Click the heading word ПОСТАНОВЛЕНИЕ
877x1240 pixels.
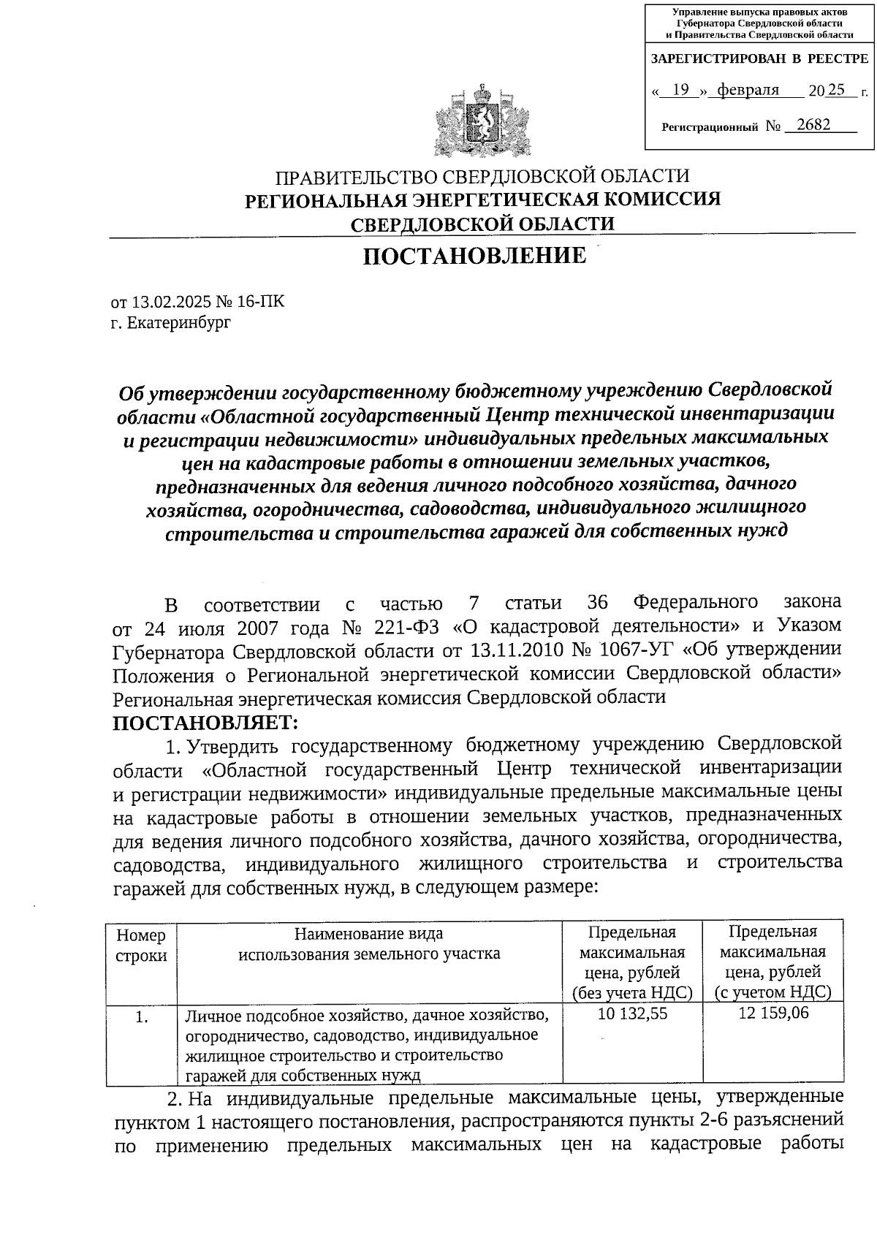(475, 256)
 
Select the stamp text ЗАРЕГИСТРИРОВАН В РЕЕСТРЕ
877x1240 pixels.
(759, 58)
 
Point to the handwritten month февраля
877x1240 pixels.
(748, 90)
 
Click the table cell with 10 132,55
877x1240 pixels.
(632, 1013)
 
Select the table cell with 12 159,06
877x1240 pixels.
(773, 1013)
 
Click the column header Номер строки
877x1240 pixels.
(141, 945)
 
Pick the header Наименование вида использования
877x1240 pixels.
(369, 943)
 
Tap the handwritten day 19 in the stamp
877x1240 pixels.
(680, 90)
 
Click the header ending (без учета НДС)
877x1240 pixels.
(632, 992)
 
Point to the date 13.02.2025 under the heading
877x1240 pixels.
(168, 301)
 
